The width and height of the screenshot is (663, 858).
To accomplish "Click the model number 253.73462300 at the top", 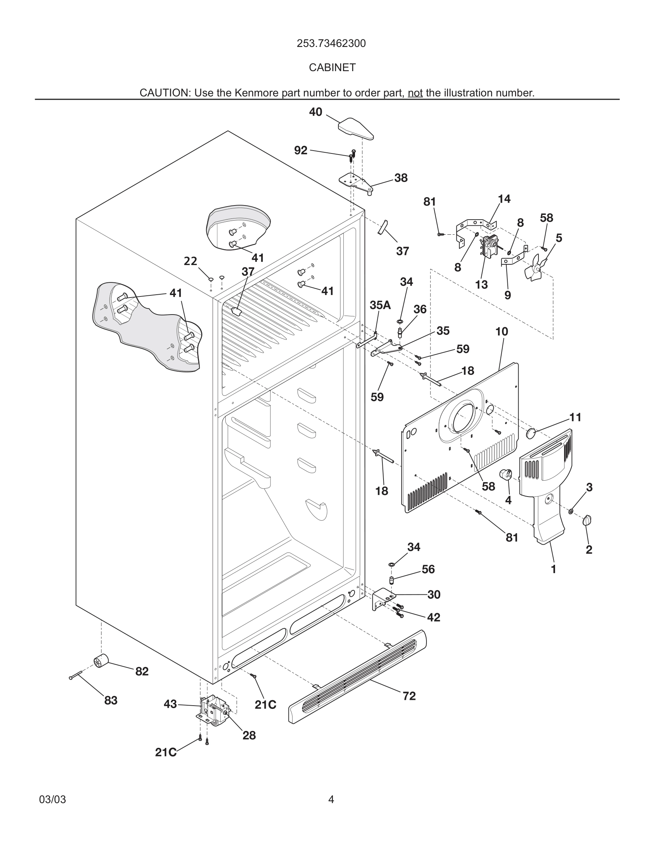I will [331, 44].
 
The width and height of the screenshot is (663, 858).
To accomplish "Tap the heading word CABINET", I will [332, 68].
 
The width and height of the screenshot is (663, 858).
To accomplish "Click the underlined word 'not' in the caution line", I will [415, 93].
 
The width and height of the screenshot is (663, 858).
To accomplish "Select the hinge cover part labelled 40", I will [356, 129].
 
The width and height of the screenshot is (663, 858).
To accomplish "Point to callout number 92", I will [300, 151].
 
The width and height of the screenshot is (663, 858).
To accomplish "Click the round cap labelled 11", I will [531, 434].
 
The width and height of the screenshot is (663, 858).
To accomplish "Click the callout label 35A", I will [380, 305].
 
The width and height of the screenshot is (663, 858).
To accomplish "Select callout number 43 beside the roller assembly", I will [170, 704].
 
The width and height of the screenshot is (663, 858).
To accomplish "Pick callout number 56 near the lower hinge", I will [428, 569].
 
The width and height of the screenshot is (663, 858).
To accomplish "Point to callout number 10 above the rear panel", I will [502, 331].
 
